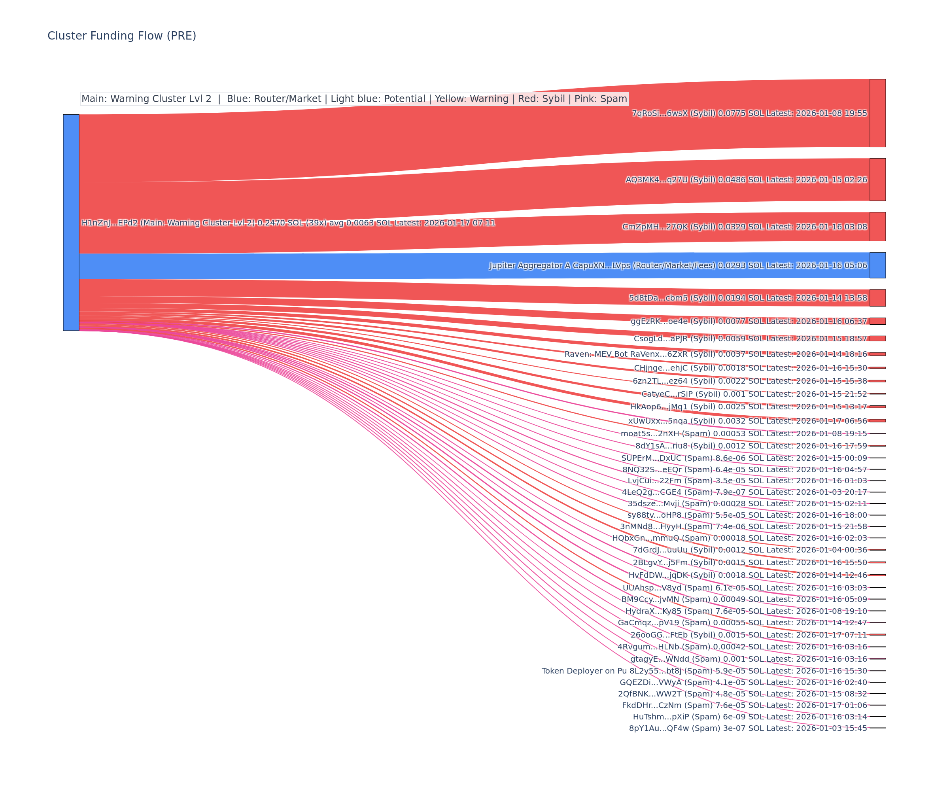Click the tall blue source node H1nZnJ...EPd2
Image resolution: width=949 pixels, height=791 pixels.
point(71,222)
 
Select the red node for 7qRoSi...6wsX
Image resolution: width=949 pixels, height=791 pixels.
point(877,113)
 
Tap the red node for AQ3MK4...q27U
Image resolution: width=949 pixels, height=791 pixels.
point(877,180)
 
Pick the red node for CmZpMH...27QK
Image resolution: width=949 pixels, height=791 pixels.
point(877,227)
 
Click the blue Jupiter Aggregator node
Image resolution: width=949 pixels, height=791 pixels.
point(877,265)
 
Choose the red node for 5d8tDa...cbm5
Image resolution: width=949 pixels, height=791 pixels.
point(877,298)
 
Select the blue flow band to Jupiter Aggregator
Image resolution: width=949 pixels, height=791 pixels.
point(452,266)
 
